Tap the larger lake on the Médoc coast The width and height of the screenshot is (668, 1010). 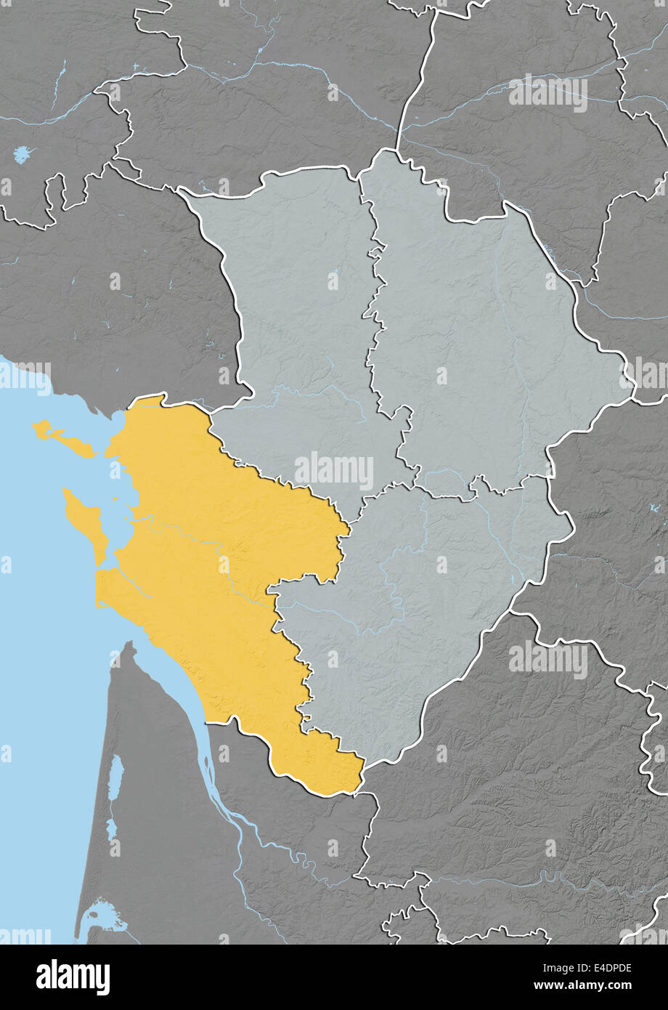click(x=115, y=777)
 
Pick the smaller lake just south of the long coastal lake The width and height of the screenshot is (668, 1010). click(x=112, y=828)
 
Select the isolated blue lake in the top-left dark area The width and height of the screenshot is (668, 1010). click(x=23, y=154)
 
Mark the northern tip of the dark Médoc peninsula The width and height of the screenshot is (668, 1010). click(x=130, y=647)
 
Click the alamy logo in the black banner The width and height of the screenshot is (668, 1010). click(x=73, y=977)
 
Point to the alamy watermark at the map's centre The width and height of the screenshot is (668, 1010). click(x=334, y=469)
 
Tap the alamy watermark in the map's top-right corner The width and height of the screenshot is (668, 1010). click(x=548, y=92)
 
